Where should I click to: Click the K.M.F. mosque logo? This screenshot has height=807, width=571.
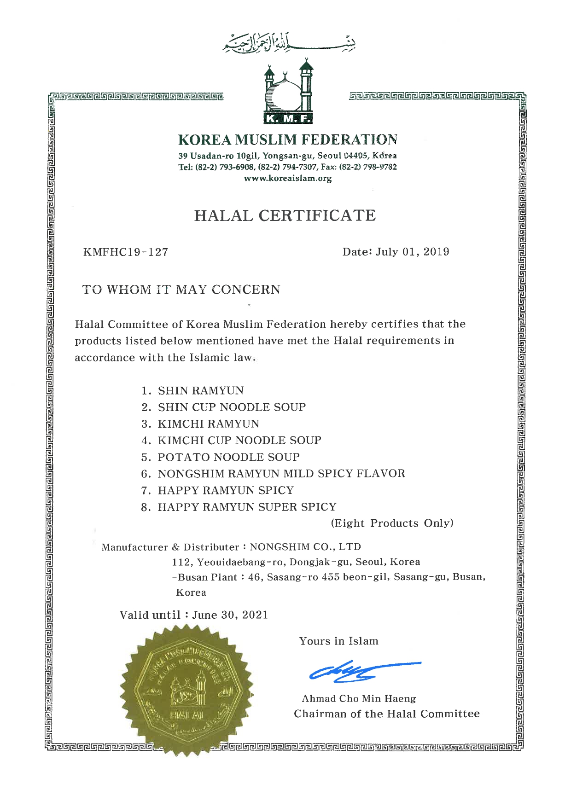[288, 92]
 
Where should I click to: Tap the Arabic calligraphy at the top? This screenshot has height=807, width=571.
[289, 42]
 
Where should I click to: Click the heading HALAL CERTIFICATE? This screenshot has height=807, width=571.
[285, 215]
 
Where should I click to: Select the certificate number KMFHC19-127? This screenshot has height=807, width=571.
[126, 252]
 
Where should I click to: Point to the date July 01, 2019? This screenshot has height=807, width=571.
[412, 252]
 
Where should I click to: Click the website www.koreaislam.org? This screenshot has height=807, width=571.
[288, 179]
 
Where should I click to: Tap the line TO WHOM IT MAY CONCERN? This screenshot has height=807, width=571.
[181, 290]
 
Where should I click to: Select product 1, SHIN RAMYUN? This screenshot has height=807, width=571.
[201, 391]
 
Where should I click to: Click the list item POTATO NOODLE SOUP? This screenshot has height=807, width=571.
[228, 457]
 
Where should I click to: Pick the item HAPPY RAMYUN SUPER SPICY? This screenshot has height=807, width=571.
[247, 507]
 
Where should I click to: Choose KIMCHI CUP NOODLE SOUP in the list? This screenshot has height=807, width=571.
[239, 441]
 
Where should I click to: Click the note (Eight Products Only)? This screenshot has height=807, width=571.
[392, 523]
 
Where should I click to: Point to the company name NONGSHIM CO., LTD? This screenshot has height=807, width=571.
[305, 547]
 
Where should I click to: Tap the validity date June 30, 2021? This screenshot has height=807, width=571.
[230, 615]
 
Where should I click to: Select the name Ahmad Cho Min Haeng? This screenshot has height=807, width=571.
[359, 699]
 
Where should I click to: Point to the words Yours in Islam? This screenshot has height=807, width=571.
[339, 641]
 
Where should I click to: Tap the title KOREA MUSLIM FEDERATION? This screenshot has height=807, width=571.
[288, 139]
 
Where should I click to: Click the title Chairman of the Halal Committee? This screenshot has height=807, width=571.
[387, 714]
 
